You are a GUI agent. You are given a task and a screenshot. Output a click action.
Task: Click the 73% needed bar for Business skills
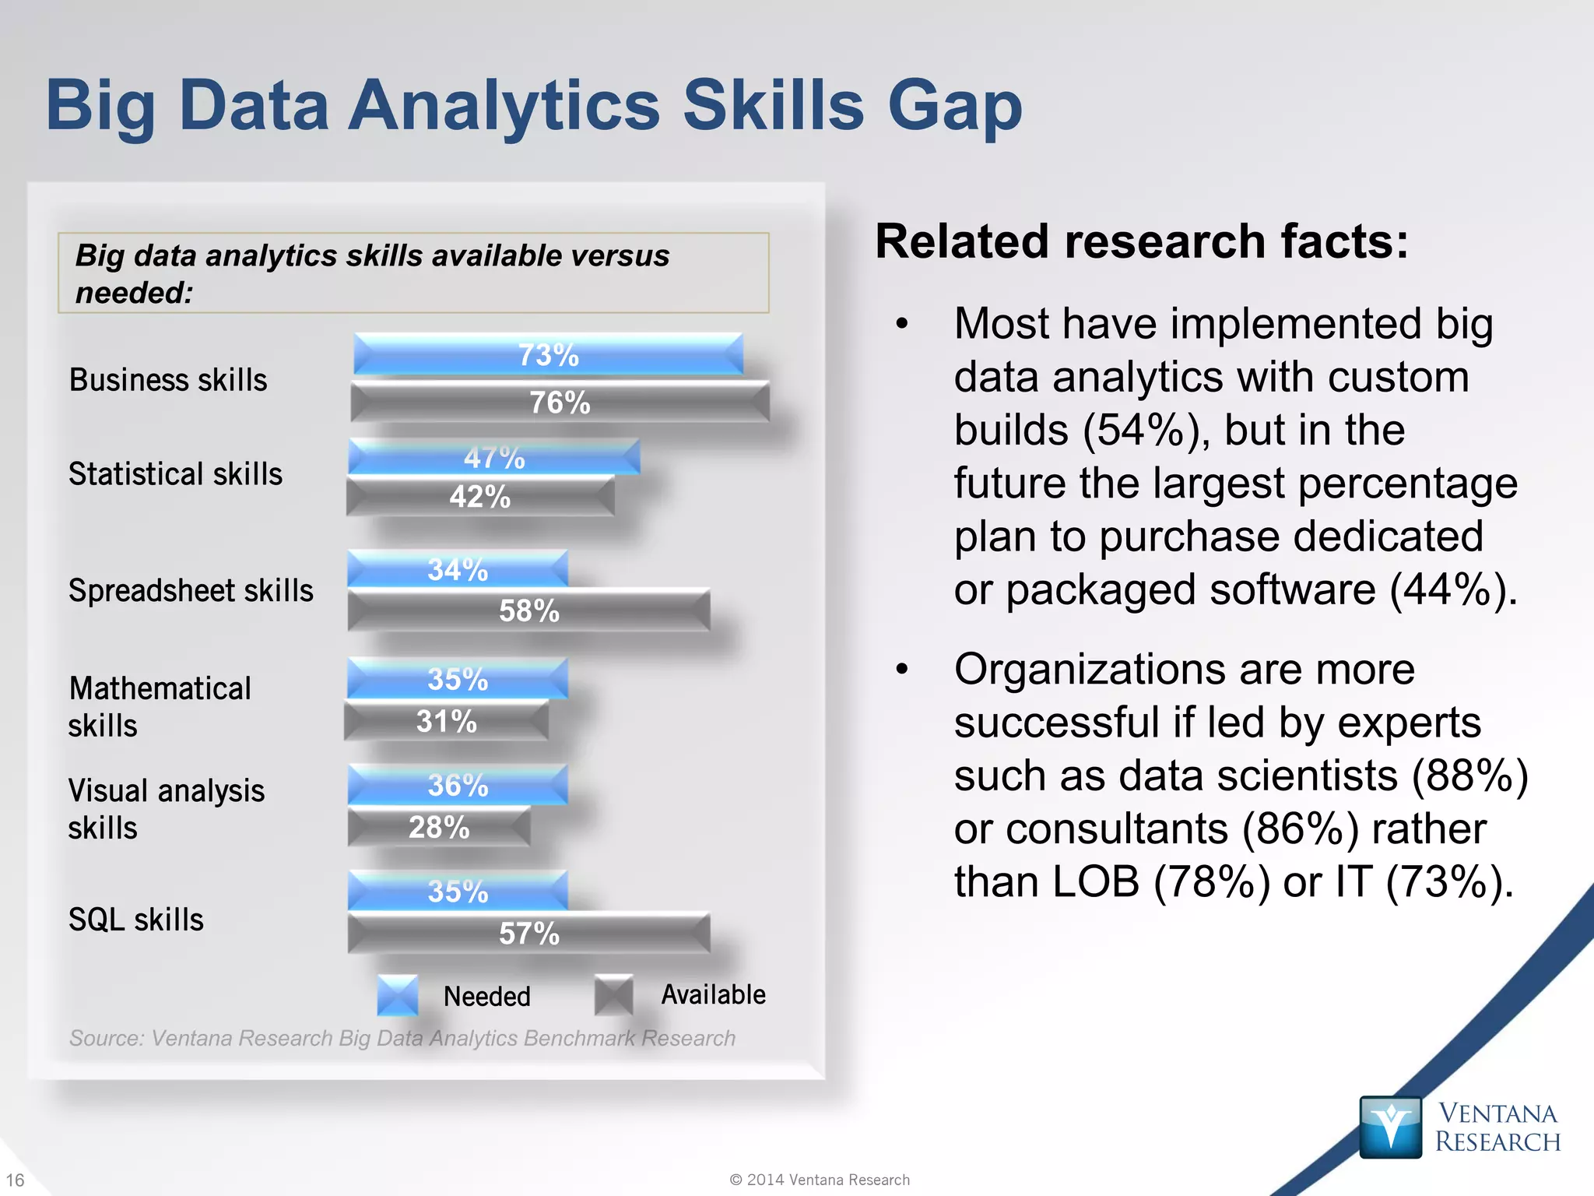click(548, 355)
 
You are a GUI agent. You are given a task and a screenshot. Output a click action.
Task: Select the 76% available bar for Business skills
click(560, 402)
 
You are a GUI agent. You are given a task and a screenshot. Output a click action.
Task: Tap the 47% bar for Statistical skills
click(494, 457)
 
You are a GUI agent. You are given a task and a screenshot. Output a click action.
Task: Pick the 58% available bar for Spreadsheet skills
click(528, 610)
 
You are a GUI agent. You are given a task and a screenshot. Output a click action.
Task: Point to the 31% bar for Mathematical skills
click(446, 721)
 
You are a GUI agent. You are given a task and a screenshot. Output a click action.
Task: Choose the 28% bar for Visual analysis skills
click(439, 827)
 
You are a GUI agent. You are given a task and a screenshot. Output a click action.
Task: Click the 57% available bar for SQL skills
click(528, 933)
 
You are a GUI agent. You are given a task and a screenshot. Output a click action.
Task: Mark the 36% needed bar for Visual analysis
click(458, 785)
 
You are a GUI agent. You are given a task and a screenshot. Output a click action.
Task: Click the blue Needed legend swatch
click(397, 995)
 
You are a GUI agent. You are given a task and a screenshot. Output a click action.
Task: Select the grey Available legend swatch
click(613, 995)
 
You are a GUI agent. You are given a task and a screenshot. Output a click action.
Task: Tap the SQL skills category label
click(136, 920)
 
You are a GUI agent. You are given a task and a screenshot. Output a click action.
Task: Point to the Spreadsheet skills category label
click(191, 590)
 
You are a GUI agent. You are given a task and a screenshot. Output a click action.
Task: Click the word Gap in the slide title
click(955, 107)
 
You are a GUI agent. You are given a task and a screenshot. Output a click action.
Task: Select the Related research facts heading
click(1141, 241)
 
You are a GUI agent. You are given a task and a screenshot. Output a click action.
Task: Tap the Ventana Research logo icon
click(1390, 1127)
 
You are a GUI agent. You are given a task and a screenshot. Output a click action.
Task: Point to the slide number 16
click(15, 1180)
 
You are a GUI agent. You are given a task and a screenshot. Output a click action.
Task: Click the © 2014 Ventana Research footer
click(820, 1180)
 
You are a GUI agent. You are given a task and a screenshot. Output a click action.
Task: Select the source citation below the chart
click(402, 1038)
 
